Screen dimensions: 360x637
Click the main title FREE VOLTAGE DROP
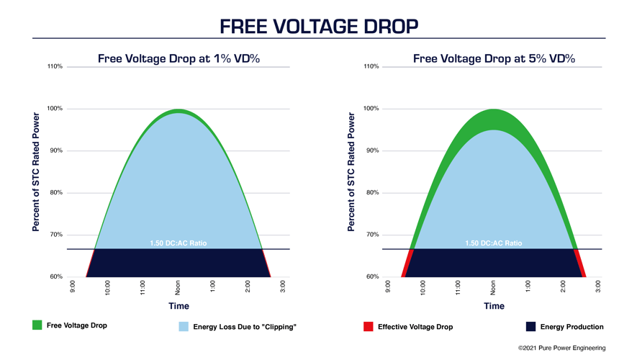[x=318, y=27]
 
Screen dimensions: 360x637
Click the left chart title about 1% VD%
[x=179, y=59]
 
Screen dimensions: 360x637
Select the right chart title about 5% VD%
[x=494, y=59]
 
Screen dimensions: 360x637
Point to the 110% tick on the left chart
[x=55, y=67]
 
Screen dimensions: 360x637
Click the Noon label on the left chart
[x=178, y=287]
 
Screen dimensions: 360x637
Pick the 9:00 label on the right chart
[x=388, y=287]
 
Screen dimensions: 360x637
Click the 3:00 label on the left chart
[x=283, y=287]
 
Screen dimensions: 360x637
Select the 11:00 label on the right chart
[x=458, y=287]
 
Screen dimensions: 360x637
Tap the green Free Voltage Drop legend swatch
[x=37, y=325]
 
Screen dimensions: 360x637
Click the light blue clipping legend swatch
[x=184, y=327]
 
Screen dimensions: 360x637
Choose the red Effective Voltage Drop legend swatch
[x=369, y=327]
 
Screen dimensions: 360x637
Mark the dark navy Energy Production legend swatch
[x=530, y=327]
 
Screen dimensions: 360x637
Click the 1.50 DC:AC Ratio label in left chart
[x=178, y=243]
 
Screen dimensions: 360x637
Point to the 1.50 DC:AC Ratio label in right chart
[x=493, y=243]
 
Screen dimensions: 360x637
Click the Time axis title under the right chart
[x=494, y=306]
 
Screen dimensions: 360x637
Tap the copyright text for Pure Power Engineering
[x=561, y=348]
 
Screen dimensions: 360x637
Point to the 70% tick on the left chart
[x=55, y=235]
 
